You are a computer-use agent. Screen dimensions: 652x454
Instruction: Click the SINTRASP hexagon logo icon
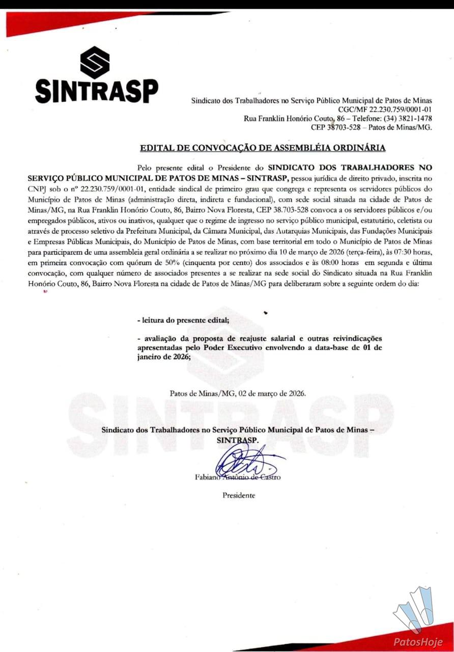pyautogui.click(x=95, y=62)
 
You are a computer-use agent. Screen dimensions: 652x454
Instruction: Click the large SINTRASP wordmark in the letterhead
pyautogui.click(x=96, y=91)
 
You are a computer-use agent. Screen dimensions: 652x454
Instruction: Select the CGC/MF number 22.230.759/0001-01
pyautogui.click(x=400, y=110)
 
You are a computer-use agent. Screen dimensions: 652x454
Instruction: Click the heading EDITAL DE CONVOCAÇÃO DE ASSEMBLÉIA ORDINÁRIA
pyautogui.click(x=263, y=148)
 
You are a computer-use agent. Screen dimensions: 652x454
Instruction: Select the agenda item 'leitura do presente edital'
pyautogui.click(x=183, y=320)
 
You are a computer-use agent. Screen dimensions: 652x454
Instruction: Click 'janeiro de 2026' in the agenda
pyautogui.click(x=163, y=357)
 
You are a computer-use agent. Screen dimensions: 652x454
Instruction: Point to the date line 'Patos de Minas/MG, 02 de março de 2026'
pyautogui.click(x=237, y=393)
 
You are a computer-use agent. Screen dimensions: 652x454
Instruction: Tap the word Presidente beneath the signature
pyautogui.click(x=239, y=495)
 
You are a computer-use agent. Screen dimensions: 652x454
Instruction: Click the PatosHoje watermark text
pyautogui.click(x=418, y=642)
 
